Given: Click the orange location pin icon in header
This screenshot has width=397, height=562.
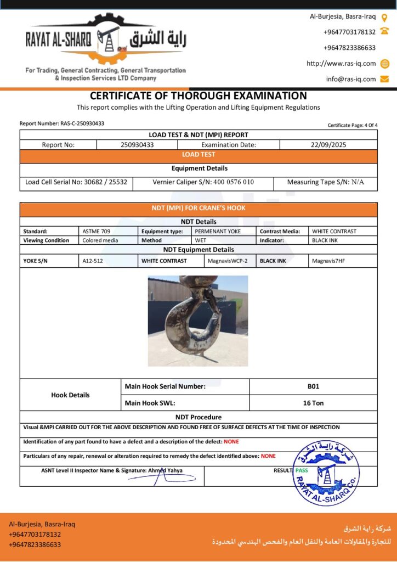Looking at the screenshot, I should click(x=384, y=16).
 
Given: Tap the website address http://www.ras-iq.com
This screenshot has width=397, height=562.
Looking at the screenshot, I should click(x=341, y=64).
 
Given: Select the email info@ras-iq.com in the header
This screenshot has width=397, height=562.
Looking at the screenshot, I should click(x=351, y=79).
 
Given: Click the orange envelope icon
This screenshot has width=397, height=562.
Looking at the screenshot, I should click(x=384, y=79).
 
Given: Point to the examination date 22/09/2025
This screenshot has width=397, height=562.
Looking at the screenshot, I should click(x=328, y=145).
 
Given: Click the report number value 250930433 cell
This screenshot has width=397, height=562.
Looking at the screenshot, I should click(x=137, y=145).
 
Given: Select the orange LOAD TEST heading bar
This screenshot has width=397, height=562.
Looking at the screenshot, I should click(x=198, y=155).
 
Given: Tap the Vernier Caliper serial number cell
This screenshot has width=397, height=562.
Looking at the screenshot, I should click(x=203, y=182).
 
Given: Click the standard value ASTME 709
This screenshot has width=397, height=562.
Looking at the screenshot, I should click(x=97, y=232).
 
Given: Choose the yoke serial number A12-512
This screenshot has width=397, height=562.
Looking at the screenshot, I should click(x=93, y=261).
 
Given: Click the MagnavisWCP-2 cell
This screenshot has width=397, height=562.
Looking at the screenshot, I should click(x=228, y=261).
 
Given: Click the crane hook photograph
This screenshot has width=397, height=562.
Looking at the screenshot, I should click(x=198, y=321).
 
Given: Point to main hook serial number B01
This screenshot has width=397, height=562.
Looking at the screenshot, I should click(x=313, y=386).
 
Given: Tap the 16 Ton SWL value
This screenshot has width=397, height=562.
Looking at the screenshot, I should click(x=313, y=403).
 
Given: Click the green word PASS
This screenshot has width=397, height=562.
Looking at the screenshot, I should click(x=302, y=470).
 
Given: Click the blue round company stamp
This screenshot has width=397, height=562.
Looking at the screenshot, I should click(x=326, y=471).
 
